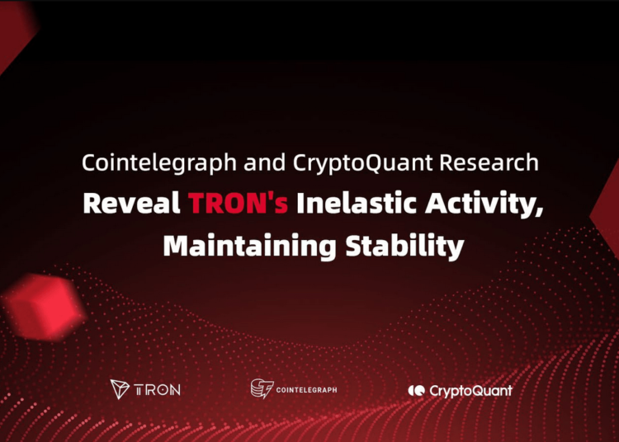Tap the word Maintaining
(236, 246)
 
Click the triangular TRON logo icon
(120, 389)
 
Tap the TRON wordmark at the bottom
(158, 390)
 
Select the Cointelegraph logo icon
(262, 389)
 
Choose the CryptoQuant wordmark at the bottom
(470, 390)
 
